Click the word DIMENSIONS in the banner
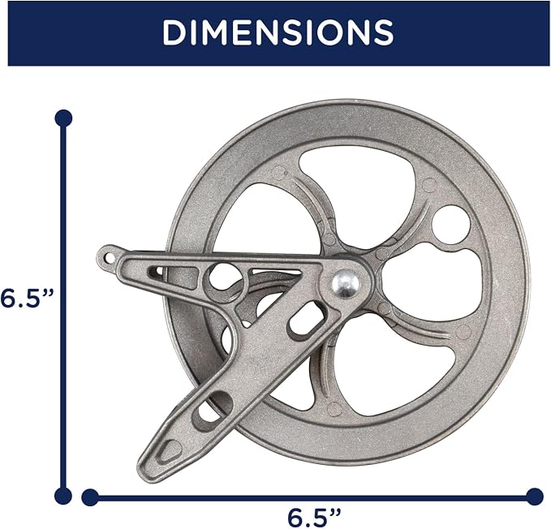tap(278, 32)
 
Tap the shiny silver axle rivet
tap(346, 284)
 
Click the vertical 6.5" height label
tap(26, 299)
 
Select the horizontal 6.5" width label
tap(314, 518)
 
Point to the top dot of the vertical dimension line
tap(63, 118)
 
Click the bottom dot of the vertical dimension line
tap(63, 497)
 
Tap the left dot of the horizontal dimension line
tap(90, 497)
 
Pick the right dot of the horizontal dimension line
tap(536, 497)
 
